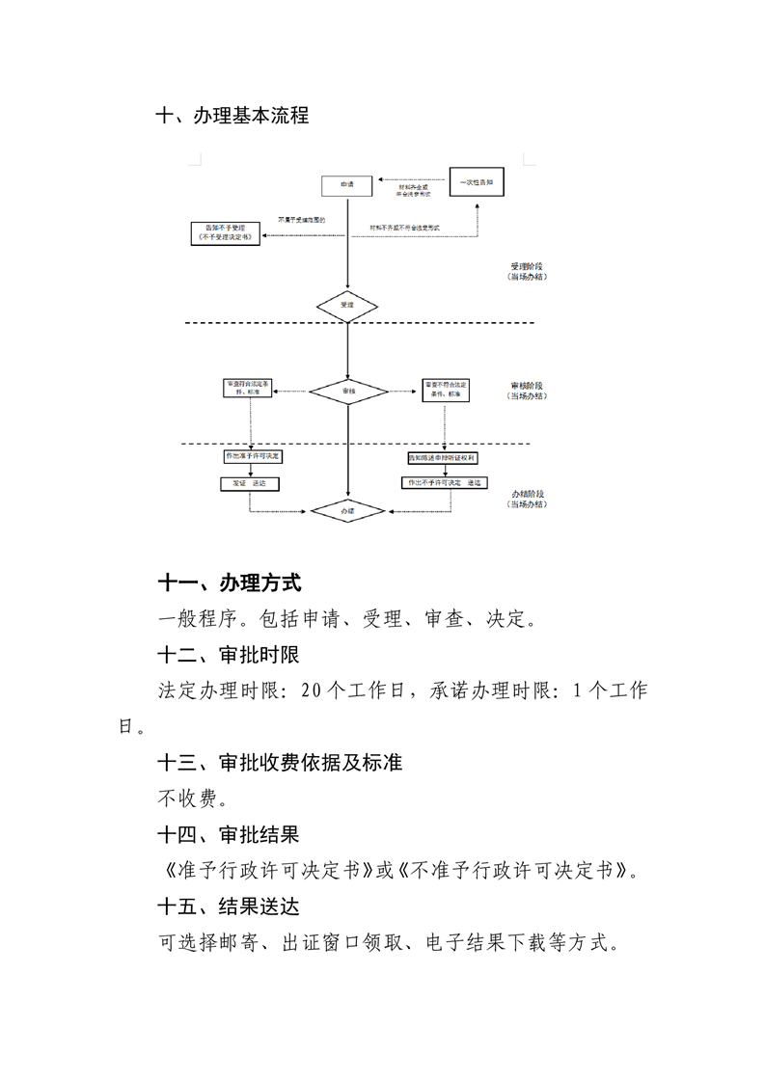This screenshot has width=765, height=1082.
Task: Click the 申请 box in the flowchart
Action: click(347, 184)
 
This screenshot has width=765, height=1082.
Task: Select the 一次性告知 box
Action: click(479, 181)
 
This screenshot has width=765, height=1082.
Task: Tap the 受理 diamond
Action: click(347, 306)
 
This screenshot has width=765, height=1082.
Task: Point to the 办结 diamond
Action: click(347, 509)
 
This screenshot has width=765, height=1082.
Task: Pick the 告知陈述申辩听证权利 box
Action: click(444, 456)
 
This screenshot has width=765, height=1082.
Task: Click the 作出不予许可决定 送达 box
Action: click(444, 482)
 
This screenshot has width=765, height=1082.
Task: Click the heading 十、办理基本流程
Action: click(232, 116)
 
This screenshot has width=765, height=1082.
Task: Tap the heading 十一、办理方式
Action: click(230, 582)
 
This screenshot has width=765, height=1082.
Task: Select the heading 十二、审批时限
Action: click(230, 655)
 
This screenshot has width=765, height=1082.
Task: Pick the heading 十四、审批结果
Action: click(230, 834)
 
